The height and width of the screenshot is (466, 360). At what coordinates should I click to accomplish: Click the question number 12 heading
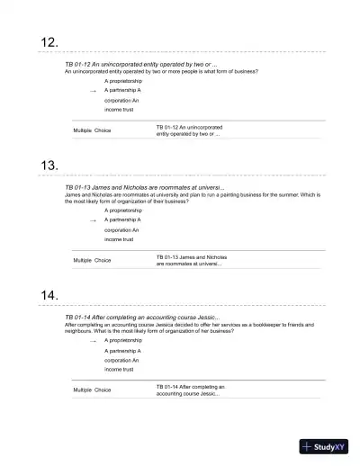coord(50,42)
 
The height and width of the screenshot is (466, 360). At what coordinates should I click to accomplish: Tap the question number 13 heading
coord(50,166)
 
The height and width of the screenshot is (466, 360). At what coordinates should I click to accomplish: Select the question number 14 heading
coord(50,296)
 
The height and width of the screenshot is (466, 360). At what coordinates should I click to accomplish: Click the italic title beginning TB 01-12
coord(141,65)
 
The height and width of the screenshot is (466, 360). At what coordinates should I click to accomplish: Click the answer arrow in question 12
coord(93,92)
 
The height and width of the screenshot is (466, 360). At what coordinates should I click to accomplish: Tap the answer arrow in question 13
coord(93,220)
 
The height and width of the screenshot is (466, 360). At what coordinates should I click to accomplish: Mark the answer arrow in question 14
coord(93,341)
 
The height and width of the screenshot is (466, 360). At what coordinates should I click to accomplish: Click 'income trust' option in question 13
coord(119,239)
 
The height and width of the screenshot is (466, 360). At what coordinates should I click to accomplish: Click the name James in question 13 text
coord(74,194)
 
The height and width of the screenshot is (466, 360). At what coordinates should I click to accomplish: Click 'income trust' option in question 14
coord(119,369)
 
